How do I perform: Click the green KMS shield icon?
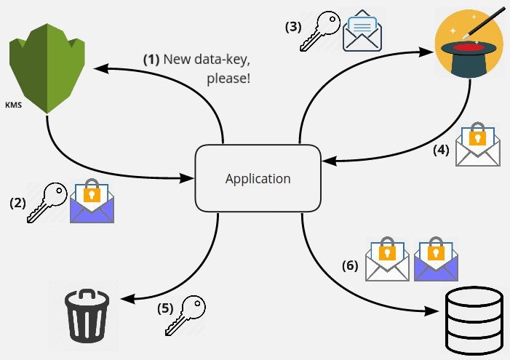tap(47, 68)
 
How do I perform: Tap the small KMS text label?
tap(14, 105)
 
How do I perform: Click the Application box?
tap(258, 178)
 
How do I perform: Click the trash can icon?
tap(87, 316)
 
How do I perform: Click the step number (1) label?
tap(151, 60)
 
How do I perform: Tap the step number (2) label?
tap(17, 203)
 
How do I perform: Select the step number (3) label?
tap(293, 27)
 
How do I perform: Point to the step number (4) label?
tap(441, 150)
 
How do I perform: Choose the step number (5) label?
tap(165, 308)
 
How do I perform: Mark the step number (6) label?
tap(350, 265)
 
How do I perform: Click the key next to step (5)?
tap(185, 315)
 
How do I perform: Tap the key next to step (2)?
tap(47, 202)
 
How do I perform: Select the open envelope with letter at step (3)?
tap(362, 31)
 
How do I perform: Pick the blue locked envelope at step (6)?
tap(436, 259)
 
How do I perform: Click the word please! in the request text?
tap(228, 79)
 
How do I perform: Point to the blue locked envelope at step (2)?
tap(92, 201)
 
